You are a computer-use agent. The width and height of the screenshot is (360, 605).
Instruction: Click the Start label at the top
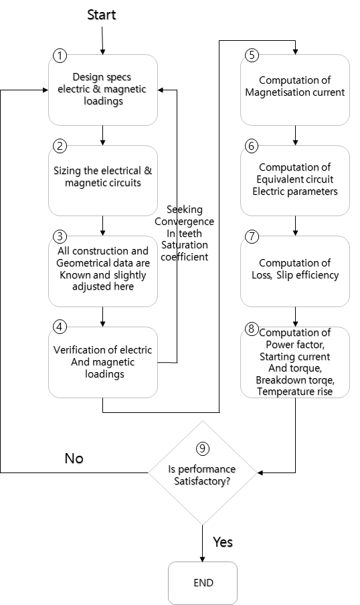tap(102, 15)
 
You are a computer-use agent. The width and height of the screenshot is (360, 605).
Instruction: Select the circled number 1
tap(60, 56)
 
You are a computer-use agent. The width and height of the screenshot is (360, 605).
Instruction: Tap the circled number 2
tap(60, 147)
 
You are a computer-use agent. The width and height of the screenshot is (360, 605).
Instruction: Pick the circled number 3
tap(60, 236)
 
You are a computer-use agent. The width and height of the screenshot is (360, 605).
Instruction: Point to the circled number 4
tap(60, 327)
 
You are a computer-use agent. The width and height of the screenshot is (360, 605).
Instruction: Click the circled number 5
tap(252, 55)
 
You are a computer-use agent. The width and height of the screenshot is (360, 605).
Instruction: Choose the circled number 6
tap(252, 147)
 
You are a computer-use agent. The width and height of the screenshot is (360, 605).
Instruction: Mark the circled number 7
tap(252, 236)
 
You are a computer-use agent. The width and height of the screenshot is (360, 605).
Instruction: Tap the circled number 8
tap(252, 329)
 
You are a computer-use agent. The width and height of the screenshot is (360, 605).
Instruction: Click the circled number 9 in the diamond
tap(203, 448)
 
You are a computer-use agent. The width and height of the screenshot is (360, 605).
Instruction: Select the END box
tap(203, 583)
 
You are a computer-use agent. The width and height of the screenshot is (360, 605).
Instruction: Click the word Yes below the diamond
tap(223, 542)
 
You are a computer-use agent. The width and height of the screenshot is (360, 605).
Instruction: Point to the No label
tap(74, 458)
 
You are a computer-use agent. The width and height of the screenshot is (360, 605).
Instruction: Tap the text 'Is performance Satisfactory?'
tap(202, 475)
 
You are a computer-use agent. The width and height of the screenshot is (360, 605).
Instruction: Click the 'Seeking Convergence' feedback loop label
tap(185, 215)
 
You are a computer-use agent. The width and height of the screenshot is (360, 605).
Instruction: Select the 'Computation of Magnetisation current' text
tap(295, 86)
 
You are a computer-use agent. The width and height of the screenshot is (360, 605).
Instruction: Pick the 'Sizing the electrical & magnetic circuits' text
tap(102, 177)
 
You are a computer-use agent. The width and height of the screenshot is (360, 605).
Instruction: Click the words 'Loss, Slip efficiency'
tap(295, 275)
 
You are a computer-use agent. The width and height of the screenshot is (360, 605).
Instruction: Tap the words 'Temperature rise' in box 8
tap(295, 392)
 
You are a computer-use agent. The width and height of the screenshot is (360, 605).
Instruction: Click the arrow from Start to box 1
tap(102, 41)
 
